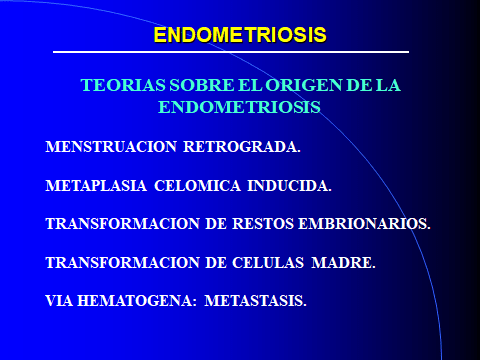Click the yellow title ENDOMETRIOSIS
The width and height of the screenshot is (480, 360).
240,35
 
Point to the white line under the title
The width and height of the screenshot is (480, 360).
240,51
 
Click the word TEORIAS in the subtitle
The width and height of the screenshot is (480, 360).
115,87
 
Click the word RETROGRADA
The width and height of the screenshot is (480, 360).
241,148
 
